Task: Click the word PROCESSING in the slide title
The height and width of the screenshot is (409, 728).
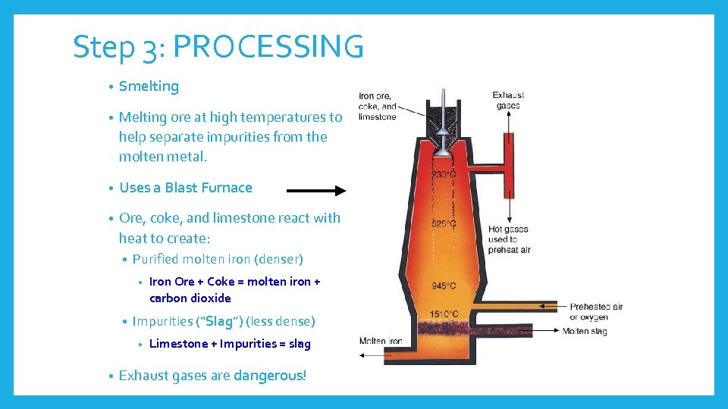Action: pos(268,47)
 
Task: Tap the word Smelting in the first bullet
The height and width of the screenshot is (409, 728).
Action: pos(149,86)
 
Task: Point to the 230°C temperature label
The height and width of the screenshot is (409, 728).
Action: pos(444,175)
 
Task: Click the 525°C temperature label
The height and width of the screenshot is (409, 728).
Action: pos(444,223)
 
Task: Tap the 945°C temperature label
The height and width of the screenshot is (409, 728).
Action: pos(444,286)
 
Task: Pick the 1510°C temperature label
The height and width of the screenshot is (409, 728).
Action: pos(444,314)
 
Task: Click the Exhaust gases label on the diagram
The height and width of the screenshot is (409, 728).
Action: pos(507,100)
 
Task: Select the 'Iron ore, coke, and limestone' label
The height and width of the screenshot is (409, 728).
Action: pos(378,106)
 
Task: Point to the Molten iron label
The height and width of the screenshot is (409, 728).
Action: pos(381,342)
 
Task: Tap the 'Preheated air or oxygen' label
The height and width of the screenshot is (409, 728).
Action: pos(596,311)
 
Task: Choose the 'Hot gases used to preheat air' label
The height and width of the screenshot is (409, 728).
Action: pos(509,239)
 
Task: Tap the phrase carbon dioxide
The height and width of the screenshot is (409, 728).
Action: pos(190,298)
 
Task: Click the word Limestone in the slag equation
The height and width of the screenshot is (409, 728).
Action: pos(179,344)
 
